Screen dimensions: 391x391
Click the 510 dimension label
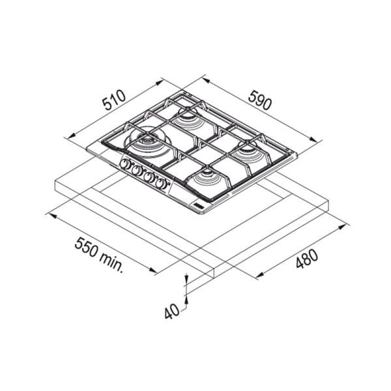coord(115,100)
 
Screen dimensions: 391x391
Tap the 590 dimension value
coord(259,100)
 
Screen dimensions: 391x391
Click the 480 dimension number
coord(307,259)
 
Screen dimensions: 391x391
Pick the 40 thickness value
coord(172,311)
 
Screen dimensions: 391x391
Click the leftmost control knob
coord(124,164)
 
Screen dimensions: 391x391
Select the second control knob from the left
coord(136,170)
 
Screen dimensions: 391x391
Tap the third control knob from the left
coord(149,177)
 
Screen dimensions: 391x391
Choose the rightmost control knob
coord(161,184)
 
